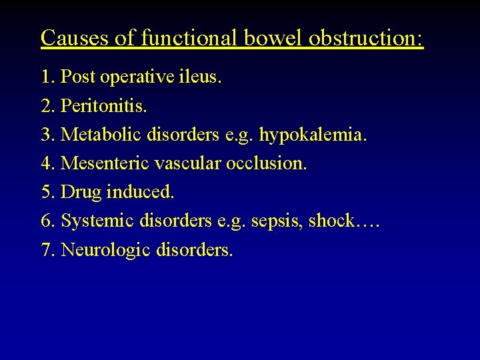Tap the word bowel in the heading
coord(272,37)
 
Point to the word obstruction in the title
coord(366,37)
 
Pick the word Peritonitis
coord(103,106)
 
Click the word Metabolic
coord(104,135)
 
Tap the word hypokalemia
coord(313,135)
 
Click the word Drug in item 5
coord(79,193)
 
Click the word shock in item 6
coord(331,221)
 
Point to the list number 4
coord(46,163)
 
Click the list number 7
coord(46,250)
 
